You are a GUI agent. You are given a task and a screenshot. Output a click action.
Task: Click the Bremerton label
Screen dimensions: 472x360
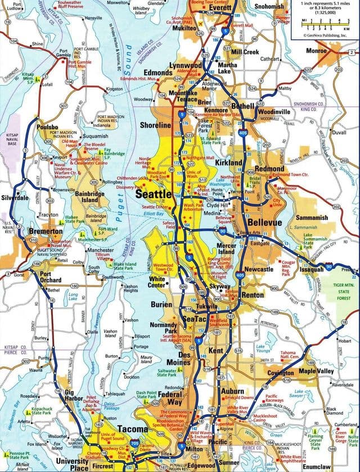tap(46, 232)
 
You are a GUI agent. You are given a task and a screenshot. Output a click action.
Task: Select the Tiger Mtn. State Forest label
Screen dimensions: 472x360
tap(345, 293)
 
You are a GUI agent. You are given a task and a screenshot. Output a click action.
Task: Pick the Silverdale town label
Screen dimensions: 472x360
tap(15, 198)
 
